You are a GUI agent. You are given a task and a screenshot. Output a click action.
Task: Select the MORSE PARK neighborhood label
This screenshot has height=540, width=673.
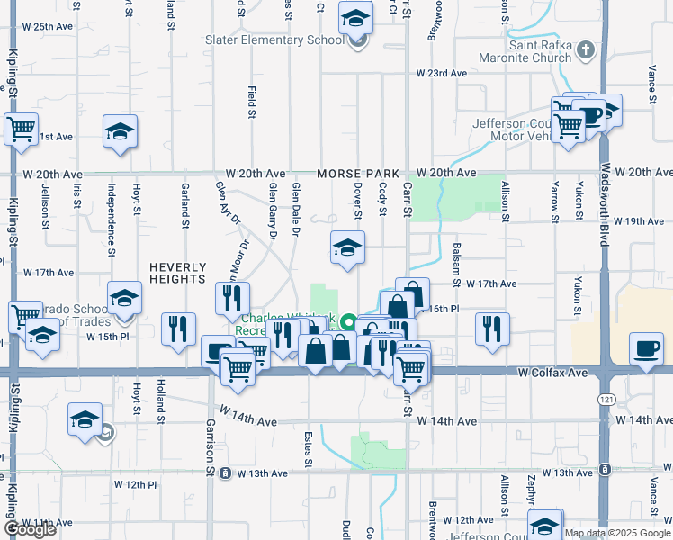coord(357,173)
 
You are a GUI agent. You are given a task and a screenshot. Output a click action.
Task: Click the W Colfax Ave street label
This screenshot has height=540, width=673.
coord(553,372)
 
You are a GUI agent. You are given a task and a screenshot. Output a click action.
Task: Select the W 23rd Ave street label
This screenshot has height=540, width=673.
coord(441,73)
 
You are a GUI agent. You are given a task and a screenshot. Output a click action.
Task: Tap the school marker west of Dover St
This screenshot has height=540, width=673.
coord(347,247)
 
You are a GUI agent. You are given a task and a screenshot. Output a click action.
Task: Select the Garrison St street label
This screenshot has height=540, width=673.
coord(211,445)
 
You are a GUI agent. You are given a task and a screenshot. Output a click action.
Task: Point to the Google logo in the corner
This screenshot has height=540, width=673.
coord(30,530)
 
